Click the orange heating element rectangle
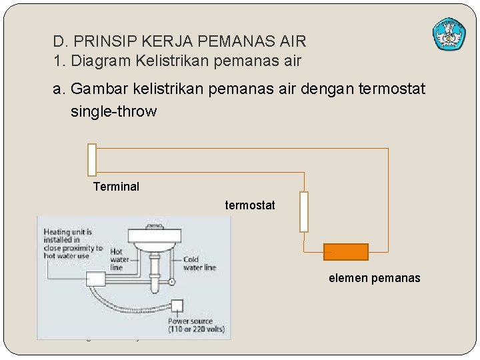coord(345,252)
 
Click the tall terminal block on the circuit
coord(92,160)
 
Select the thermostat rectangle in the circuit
coord(304,212)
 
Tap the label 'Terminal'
coord(116,187)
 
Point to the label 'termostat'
coord(249,205)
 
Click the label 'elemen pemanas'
coord(374,278)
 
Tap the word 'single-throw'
coord(113,111)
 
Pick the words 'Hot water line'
coord(120,260)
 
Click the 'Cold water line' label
coord(199,263)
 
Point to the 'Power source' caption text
coord(196,325)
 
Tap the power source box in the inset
coord(176,307)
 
